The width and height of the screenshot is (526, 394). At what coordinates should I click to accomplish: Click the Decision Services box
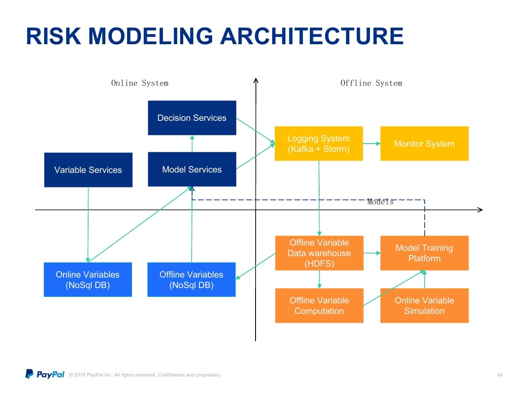click(x=192, y=118)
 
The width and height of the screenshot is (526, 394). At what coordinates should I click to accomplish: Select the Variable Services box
click(x=88, y=170)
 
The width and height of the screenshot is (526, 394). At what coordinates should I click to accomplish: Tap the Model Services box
click(x=192, y=169)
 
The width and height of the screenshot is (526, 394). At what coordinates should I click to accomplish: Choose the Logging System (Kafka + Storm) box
click(x=319, y=144)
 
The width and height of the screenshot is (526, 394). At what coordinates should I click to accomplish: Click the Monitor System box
click(x=424, y=144)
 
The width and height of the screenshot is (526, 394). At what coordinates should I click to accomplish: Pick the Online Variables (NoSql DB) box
click(x=88, y=279)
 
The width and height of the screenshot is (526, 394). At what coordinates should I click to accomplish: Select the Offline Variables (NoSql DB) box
click(x=191, y=279)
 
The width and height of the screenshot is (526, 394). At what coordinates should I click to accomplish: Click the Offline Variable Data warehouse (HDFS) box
click(x=319, y=253)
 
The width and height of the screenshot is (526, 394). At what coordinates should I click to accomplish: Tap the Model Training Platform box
click(x=424, y=253)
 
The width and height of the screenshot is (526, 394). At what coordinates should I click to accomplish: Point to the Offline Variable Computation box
click(x=319, y=306)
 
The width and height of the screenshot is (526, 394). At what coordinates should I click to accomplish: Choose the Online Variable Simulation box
click(x=424, y=306)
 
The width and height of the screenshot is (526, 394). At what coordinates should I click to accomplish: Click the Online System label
click(x=140, y=83)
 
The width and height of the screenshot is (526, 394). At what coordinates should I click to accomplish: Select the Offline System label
click(x=371, y=83)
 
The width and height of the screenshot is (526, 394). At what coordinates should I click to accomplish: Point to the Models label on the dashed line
click(x=380, y=202)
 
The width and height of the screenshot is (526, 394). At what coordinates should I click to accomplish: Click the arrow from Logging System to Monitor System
click(x=371, y=144)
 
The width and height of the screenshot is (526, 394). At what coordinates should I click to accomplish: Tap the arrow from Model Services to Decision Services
click(x=192, y=144)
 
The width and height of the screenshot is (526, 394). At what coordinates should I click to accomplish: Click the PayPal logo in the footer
click(x=45, y=374)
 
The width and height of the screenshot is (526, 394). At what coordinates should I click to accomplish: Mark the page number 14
click(x=499, y=375)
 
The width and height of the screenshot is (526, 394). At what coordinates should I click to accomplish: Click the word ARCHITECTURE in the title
click(x=312, y=36)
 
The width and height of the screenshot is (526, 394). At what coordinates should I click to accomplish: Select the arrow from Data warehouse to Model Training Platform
click(x=372, y=253)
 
